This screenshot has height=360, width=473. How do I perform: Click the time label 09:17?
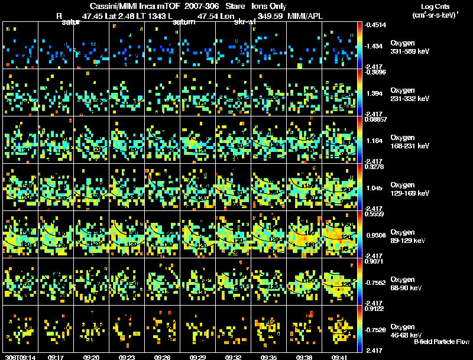pos(56,357)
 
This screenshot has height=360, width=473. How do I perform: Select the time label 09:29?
pos(198,357)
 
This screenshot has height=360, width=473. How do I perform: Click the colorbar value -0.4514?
pos(377,25)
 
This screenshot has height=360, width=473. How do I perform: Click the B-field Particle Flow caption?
pos(441,342)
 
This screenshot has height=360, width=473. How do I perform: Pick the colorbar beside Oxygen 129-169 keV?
pos(361,187)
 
